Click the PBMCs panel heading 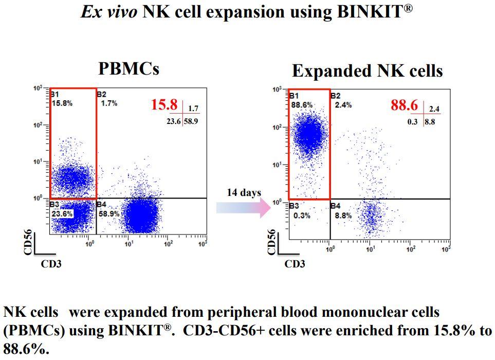129,68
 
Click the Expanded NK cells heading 367,70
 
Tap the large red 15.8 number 164,105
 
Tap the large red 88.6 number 404,105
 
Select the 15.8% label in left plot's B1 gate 62,103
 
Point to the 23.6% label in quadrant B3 62,214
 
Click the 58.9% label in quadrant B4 109,213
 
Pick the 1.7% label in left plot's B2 109,103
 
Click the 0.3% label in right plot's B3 302,215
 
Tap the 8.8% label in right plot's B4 343,215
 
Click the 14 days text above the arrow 244,193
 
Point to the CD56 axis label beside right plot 271,242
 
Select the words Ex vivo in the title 108,12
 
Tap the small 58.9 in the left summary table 191,122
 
